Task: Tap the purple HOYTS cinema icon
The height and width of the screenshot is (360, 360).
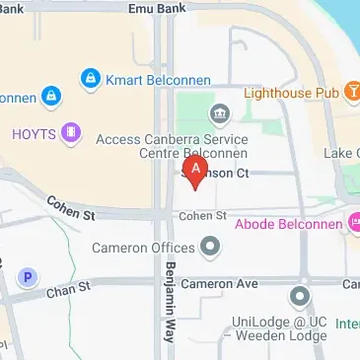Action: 69,132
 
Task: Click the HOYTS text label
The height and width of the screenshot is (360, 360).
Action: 33,132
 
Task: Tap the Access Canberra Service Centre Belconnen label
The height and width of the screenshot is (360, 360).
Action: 172,147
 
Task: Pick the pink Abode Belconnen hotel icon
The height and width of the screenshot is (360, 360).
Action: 352,224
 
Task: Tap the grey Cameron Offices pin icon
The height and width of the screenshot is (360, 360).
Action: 210,247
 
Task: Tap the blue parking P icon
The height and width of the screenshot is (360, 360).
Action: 29,278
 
